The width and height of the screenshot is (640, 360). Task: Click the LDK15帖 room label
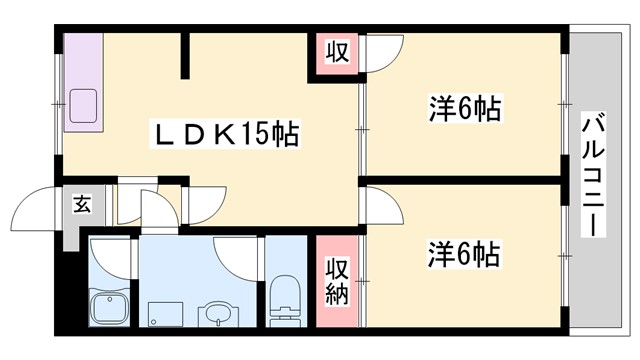[225, 134]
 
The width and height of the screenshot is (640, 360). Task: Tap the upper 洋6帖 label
[465, 107]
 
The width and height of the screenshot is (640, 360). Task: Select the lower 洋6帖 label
[465, 254]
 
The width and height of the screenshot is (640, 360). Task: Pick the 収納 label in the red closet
[337, 281]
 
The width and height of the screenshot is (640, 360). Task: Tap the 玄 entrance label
[81, 206]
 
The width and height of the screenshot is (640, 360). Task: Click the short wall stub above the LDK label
[184, 57]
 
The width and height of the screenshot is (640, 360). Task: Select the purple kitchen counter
[83, 80]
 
